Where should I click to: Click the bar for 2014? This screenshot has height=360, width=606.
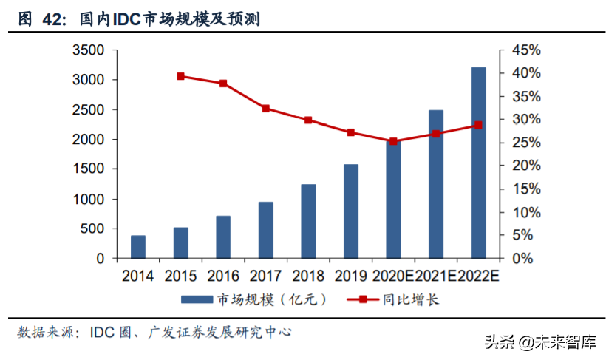coord(138,247)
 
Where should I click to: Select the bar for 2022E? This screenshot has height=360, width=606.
coord(478,163)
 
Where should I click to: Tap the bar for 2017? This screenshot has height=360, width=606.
coord(265,230)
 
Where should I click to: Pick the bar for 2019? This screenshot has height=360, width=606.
coord(350,211)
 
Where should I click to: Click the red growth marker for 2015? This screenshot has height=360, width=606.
coord(180,76)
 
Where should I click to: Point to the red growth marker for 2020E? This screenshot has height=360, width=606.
coord(393,141)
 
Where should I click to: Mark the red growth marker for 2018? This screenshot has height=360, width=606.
coord(308,120)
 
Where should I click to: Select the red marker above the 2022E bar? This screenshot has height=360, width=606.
coord(478,125)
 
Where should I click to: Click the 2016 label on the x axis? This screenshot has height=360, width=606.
coord(222,276)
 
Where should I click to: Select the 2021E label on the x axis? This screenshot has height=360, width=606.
coord(436,276)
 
